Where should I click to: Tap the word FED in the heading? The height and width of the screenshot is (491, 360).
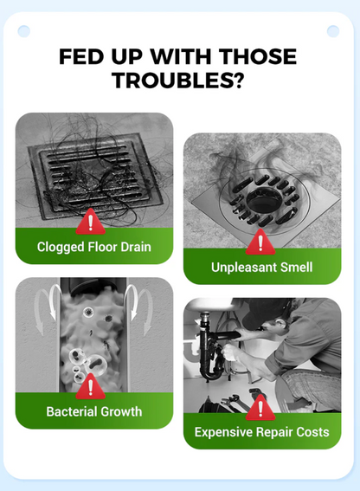click(x=81, y=56)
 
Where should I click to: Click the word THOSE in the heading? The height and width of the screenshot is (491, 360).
click(x=257, y=56)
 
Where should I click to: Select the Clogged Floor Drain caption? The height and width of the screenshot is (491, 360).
click(x=94, y=247)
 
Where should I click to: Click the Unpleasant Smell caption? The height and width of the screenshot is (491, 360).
click(x=261, y=268)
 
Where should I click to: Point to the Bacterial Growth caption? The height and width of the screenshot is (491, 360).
click(x=94, y=411)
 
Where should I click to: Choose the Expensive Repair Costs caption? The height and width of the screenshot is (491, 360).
click(x=261, y=432)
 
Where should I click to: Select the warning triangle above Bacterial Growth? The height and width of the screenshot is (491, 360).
click(x=91, y=387)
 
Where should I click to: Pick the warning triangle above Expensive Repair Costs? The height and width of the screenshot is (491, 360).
click(x=260, y=408)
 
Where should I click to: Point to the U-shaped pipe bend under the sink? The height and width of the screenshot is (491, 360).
click(x=210, y=371)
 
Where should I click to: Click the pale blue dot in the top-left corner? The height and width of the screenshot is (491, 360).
click(x=24, y=31)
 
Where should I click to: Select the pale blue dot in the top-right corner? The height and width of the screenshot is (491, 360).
click(x=333, y=31)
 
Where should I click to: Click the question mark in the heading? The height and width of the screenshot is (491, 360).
click(x=238, y=81)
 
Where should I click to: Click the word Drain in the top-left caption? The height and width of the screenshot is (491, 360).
click(x=136, y=247)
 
